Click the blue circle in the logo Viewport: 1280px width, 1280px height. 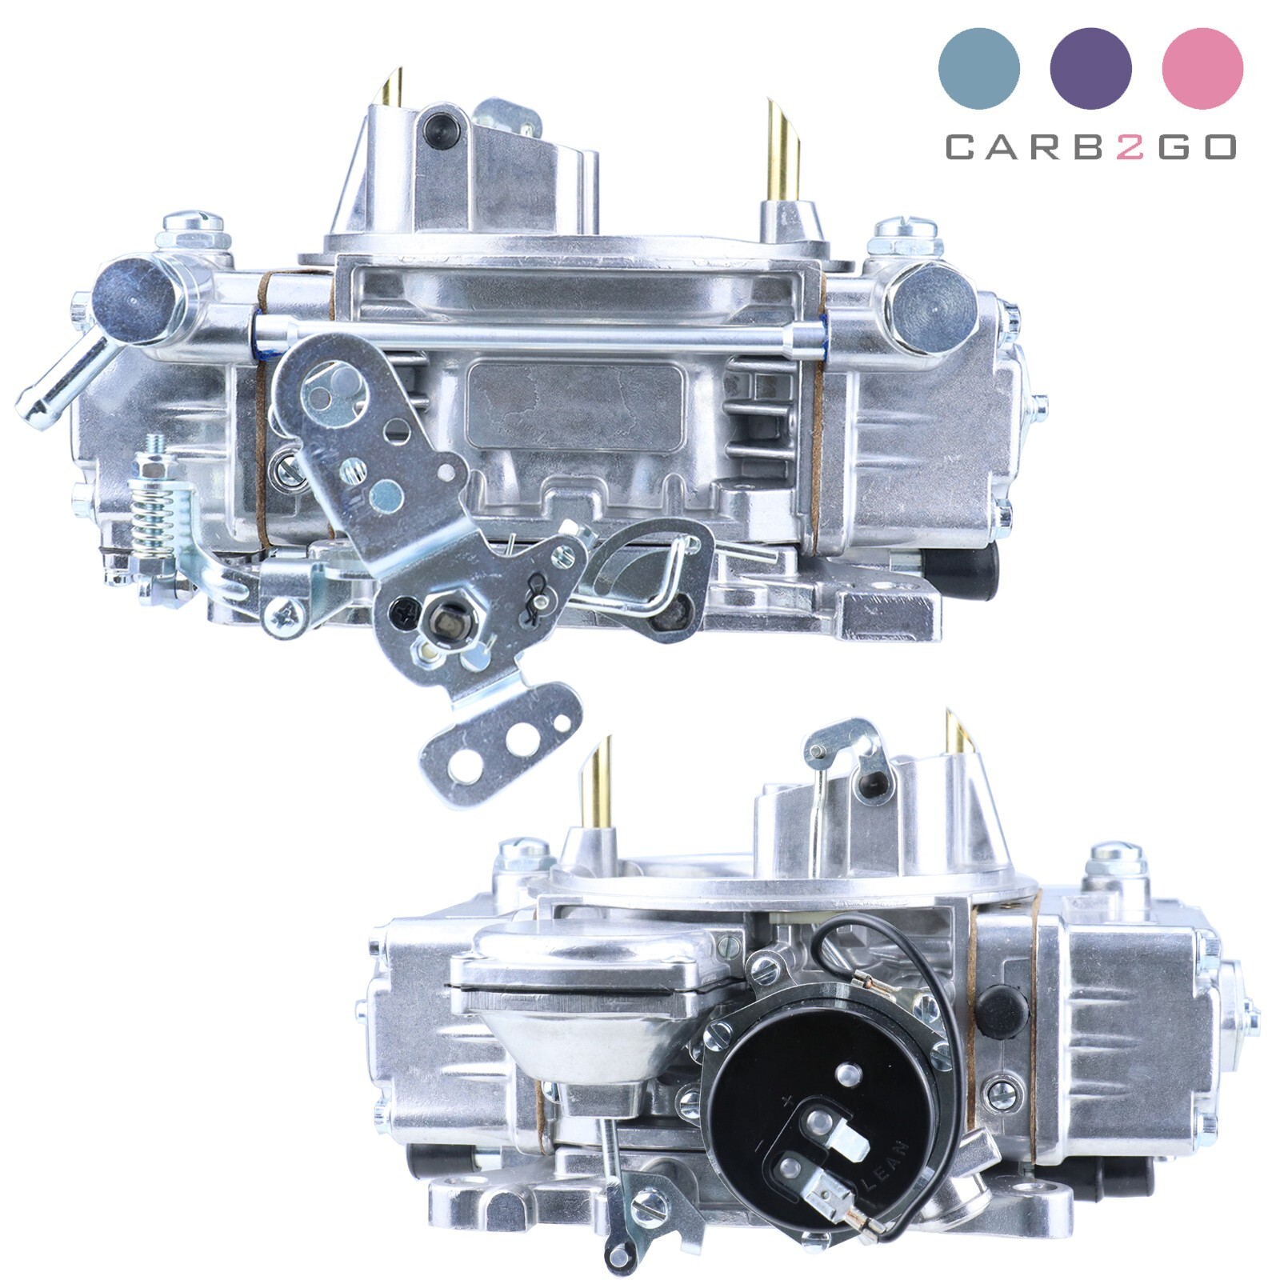point(978,68)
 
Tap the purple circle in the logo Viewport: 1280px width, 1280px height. point(1090,68)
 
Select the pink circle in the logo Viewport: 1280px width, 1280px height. point(1202,68)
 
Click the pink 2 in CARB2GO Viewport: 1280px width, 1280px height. point(1130,147)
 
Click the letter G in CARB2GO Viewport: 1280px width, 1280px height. point(1174,147)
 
